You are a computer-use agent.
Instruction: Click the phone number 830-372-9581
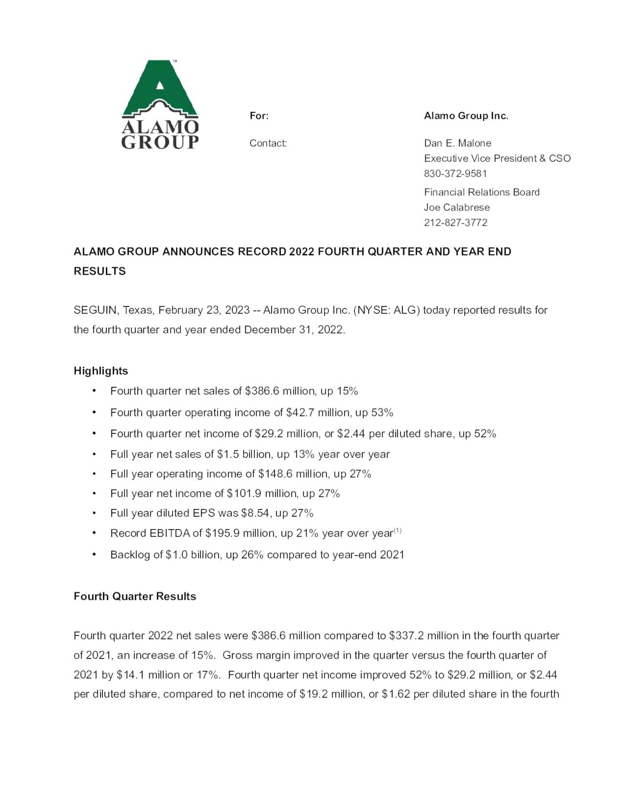pos(455,173)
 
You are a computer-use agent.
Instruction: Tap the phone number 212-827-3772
pos(455,222)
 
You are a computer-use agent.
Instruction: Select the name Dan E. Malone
pos(458,143)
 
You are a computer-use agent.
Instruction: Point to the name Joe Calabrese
pos(457,207)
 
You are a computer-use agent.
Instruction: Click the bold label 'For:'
pos(259,116)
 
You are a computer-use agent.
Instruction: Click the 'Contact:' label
pos(268,143)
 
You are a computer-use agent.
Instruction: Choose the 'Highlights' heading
pos(101,371)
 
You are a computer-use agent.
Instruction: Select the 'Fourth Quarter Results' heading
pos(135,596)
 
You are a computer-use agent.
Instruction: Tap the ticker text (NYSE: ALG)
pos(386,310)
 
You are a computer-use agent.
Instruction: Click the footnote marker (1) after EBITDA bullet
pos(397,531)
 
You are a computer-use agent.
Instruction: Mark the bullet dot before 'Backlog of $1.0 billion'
pos(94,554)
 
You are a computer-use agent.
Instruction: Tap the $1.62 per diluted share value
pos(396,694)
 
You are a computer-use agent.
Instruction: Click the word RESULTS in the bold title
pos(100,271)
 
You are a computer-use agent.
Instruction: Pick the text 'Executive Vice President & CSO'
pos(497,158)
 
